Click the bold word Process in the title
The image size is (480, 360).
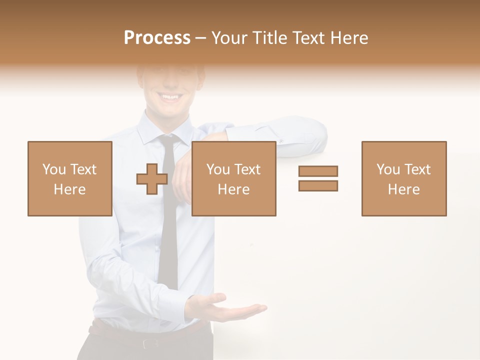tap(157, 38)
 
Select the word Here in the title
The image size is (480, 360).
tap(349, 38)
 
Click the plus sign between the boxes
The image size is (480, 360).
tap(152, 179)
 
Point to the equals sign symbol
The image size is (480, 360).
tap(318, 178)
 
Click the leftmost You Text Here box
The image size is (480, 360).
tap(69, 178)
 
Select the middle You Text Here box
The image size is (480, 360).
tap(233, 178)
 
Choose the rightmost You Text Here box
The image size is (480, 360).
tap(403, 178)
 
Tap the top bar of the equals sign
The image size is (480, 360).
tap(318, 171)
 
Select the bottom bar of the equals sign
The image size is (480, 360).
tap(318, 186)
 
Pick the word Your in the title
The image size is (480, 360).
tap(230, 38)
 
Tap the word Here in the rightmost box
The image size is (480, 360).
tap(403, 189)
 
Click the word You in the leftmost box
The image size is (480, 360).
tap(53, 169)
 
